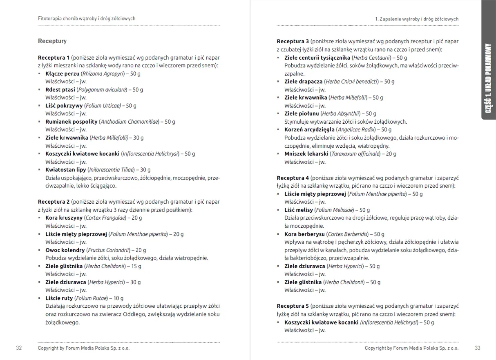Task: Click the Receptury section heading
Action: coord(52,41)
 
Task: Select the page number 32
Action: coord(19,348)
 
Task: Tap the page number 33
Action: coord(478,348)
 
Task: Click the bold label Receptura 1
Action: coord(54,58)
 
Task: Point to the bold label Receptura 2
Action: coord(54,202)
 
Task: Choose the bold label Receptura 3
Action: coord(293,42)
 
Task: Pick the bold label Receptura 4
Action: coord(293,178)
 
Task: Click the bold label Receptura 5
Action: coord(293,306)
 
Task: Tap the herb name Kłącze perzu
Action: coord(63,73)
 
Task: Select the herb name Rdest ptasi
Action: coord(60,89)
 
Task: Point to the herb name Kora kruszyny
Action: coord(64,218)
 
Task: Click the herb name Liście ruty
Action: coord(59,298)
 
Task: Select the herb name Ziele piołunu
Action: coord(302,113)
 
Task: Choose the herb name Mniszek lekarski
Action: coord(306,154)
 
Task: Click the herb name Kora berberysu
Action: coord(304,234)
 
